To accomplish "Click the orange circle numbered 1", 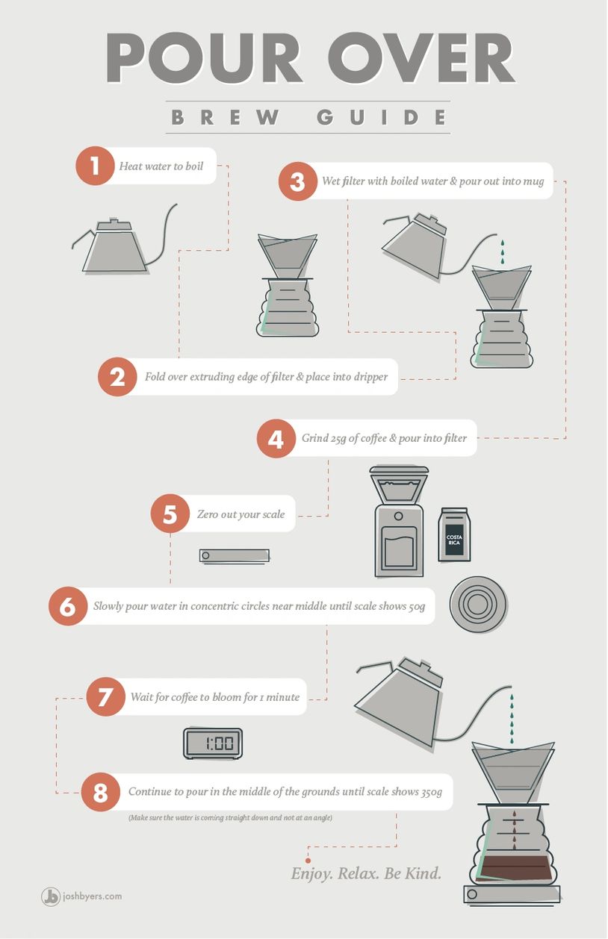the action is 95,166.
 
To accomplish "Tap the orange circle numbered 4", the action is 276,438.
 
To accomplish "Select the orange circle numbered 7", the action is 106,696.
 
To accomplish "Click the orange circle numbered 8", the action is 100,792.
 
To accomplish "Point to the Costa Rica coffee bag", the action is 454,534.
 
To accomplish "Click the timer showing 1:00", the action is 213,743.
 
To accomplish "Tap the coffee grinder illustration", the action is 399,521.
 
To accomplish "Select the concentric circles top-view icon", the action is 478,604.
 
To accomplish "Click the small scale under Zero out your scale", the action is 234,556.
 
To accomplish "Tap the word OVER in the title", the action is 421,58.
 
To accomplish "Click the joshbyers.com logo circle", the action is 50,896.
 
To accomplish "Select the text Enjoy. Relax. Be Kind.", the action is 366,873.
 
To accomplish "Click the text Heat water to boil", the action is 161,166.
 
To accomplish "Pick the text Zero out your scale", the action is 241,514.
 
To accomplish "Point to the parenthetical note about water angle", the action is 230,817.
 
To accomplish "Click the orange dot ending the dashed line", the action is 308,861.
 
